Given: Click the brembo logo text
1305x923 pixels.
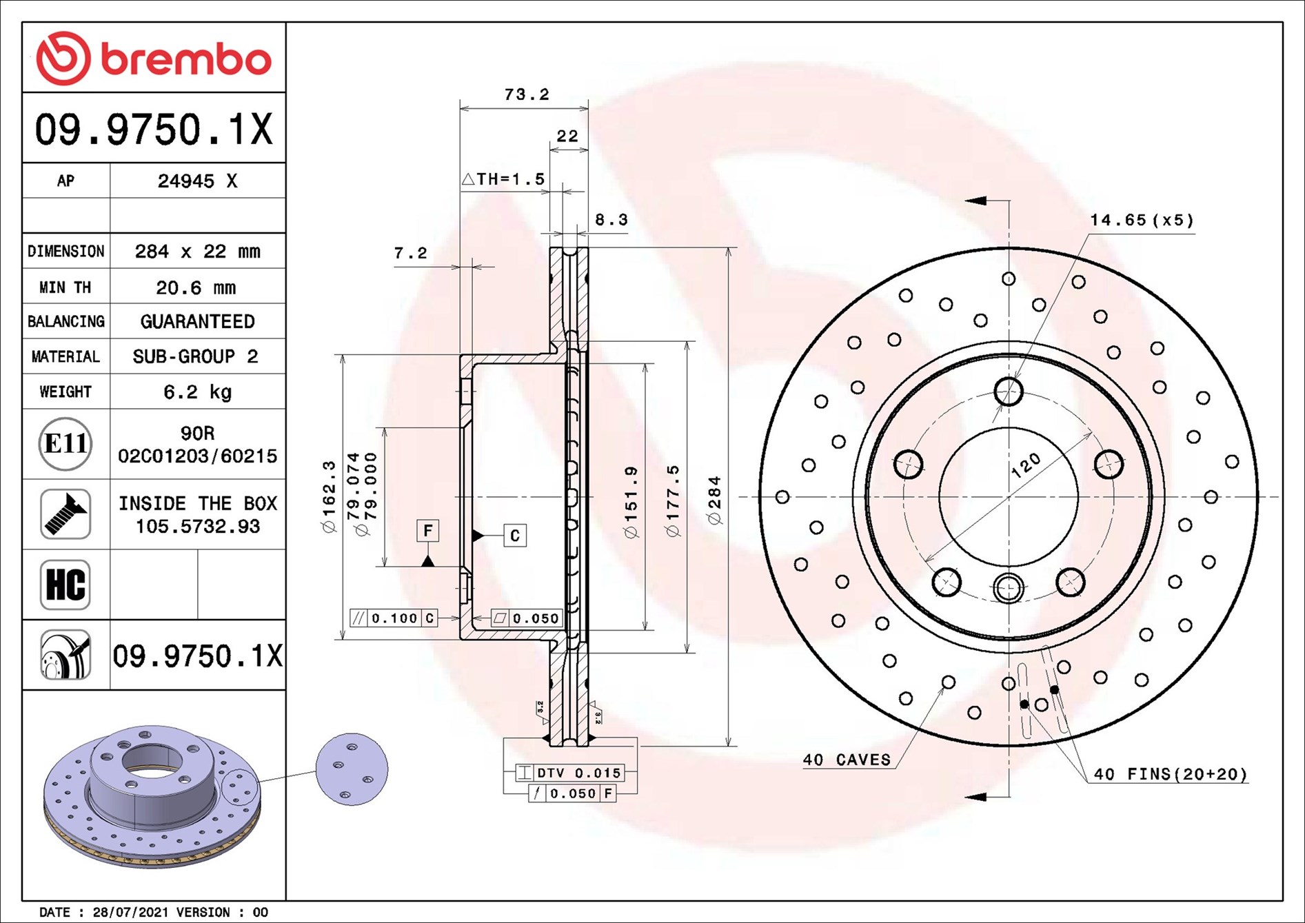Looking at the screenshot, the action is (x=186, y=59).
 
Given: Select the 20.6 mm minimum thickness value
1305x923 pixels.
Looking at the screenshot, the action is (x=196, y=287).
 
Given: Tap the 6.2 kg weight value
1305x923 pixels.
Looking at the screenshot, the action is (x=197, y=392).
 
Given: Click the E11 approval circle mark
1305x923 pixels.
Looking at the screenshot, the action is (x=65, y=444).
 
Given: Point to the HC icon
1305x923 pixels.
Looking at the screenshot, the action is (x=65, y=585).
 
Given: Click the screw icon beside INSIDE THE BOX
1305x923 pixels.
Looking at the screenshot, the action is (x=65, y=514).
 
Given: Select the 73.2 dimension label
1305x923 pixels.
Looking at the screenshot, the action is (x=527, y=94).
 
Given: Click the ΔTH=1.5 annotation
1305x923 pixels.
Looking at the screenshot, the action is (x=503, y=179).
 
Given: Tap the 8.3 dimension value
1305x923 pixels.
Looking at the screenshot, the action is (x=611, y=220).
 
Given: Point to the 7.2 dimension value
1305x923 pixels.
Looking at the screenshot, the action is (x=410, y=254).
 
